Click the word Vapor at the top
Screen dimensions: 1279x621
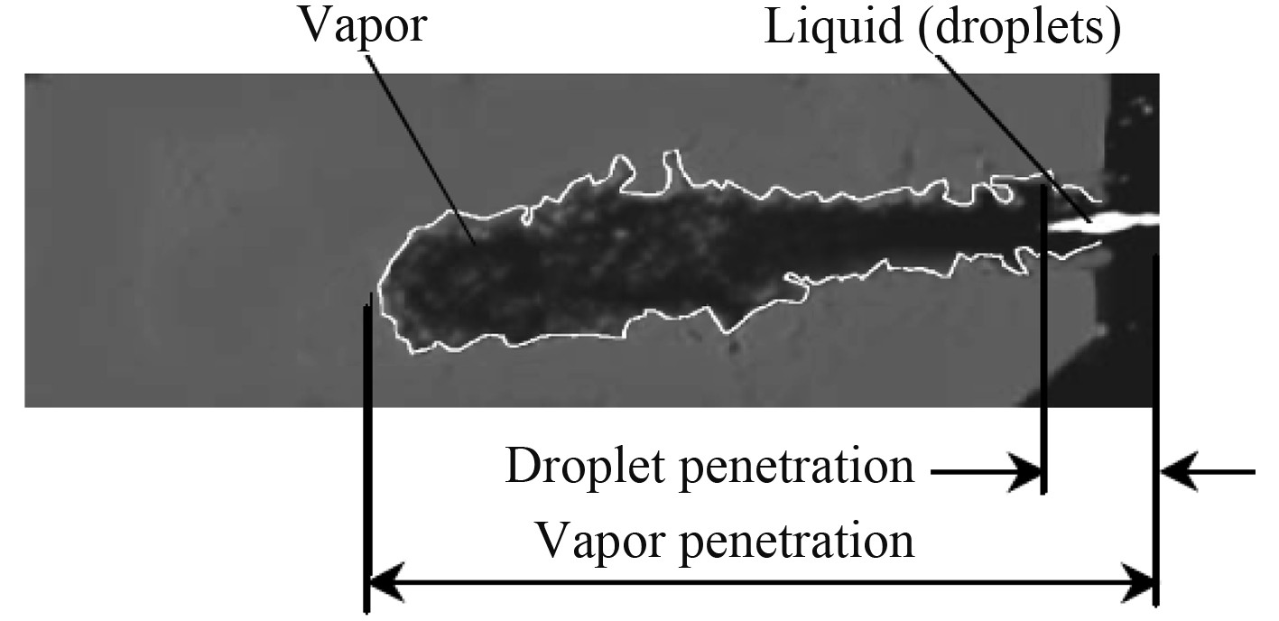[x=362, y=29]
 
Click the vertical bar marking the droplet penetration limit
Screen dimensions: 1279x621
[x=1043, y=343]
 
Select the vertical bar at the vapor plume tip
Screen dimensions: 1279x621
[x=365, y=451]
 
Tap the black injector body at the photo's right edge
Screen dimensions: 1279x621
[x=1134, y=135]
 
